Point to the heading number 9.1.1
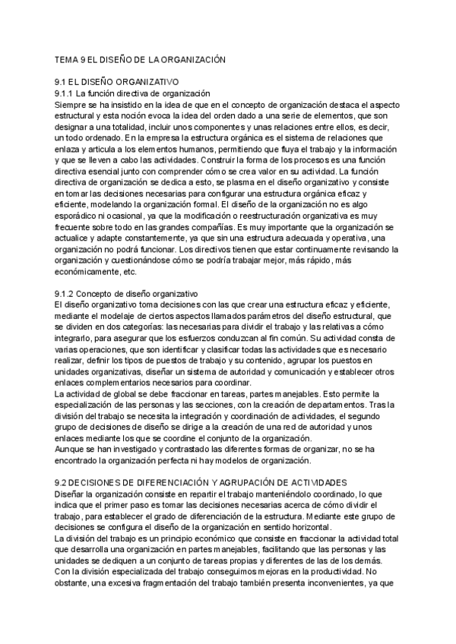(67, 93)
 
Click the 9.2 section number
(62, 482)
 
